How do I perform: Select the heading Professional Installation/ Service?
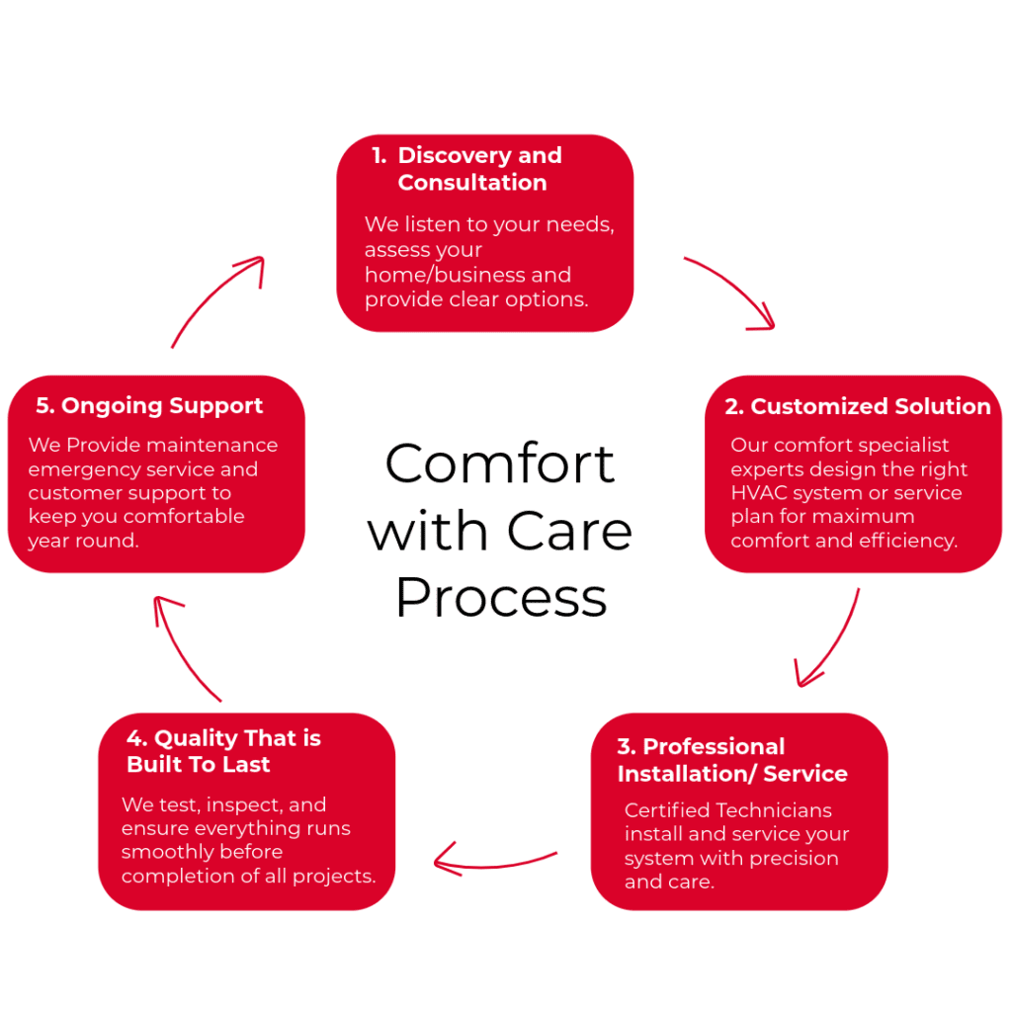(x=732, y=760)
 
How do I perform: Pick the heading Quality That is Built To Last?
(x=223, y=751)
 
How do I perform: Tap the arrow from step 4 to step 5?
(x=183, y=647)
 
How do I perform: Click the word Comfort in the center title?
(x=500, y=463)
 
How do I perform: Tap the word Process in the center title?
(x=500, y=597)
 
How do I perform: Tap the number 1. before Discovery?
(x=379, y=156)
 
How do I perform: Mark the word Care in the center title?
(x=576, y=531)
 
